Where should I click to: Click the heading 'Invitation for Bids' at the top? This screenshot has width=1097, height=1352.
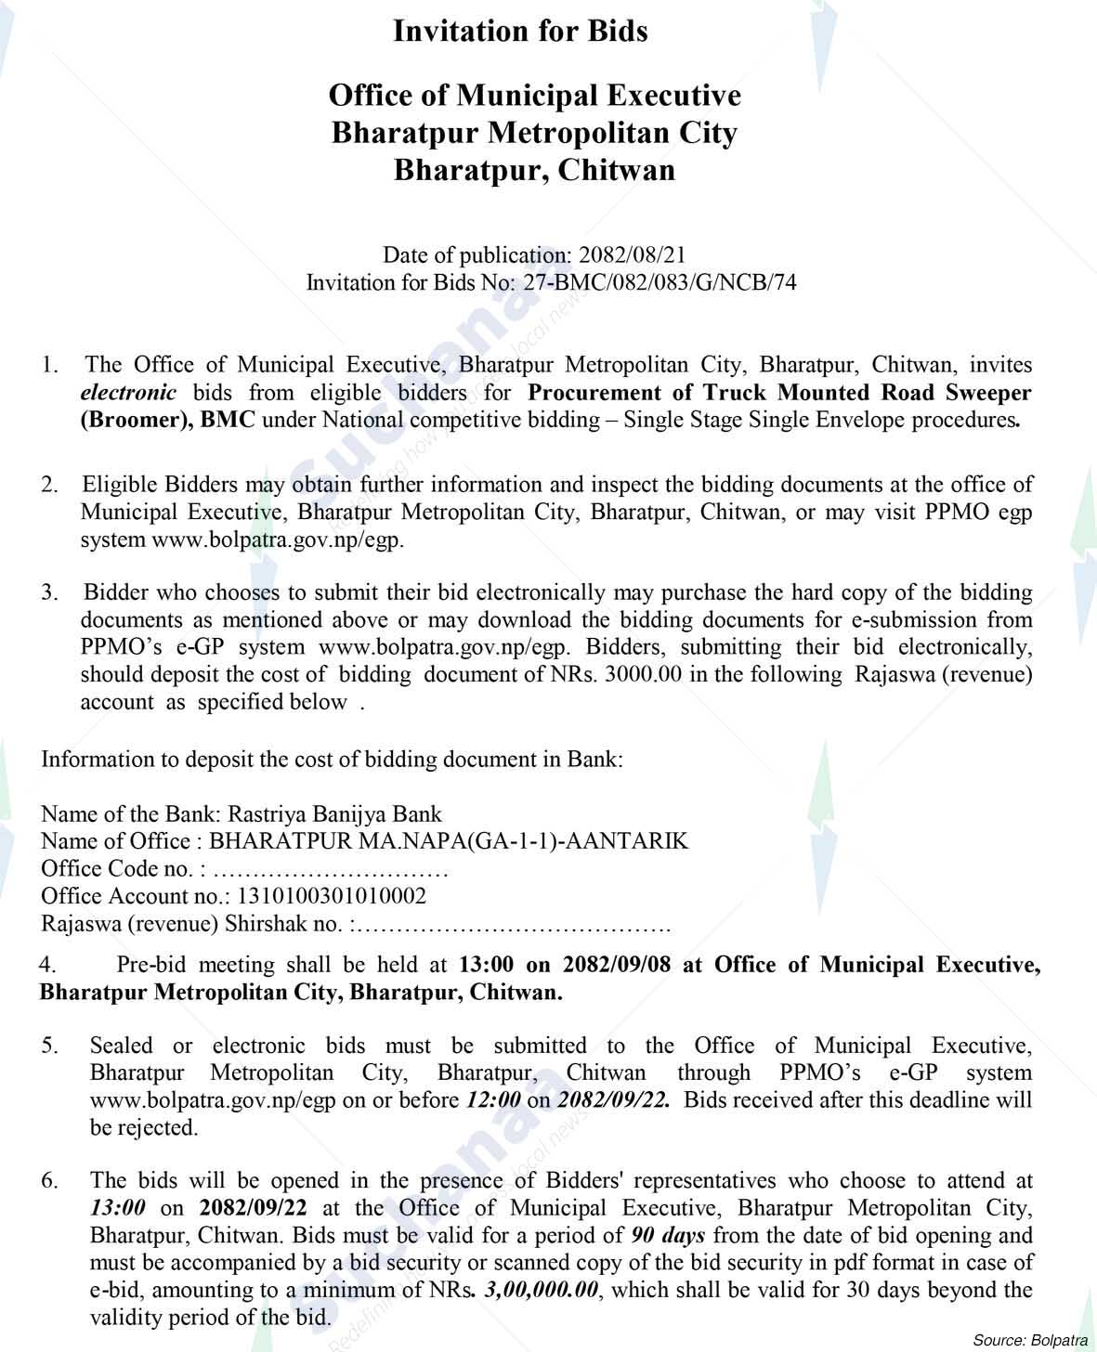520,32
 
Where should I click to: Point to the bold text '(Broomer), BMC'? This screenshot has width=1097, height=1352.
167,420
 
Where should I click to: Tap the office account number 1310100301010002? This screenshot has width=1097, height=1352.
333,896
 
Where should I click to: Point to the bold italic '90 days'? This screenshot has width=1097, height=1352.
668,1236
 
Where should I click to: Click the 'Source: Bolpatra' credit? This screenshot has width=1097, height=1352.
1030,1340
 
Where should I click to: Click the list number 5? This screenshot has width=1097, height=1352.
49,1046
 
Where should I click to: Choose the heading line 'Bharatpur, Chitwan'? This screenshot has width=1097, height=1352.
534,171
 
